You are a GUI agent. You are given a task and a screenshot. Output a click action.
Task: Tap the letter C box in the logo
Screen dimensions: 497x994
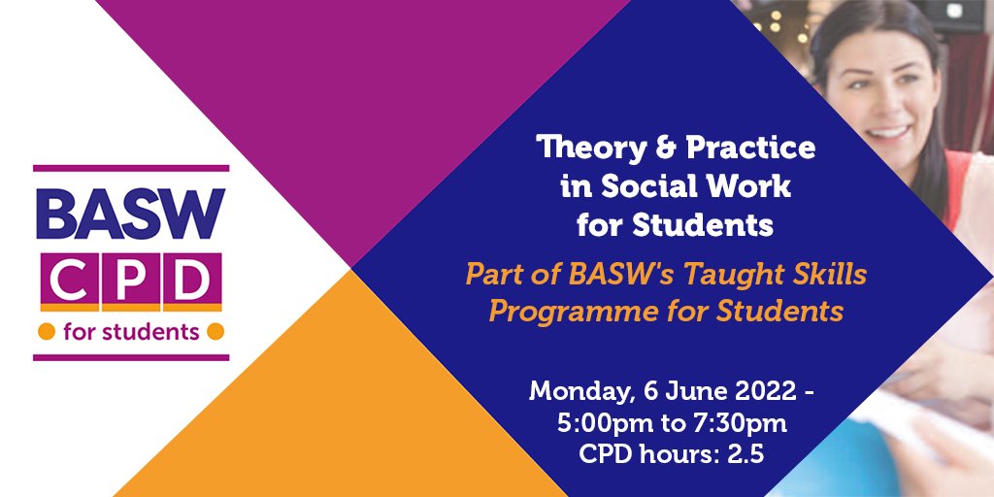click(x=64, y=282)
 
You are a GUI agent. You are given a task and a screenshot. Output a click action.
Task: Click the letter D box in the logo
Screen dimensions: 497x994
click(x=190, y=282)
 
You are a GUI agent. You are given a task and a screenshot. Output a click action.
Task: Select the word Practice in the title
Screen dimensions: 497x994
click(x=750, y=149)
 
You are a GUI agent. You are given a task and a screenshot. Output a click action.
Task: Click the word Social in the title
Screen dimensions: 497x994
click(x=635, y=187)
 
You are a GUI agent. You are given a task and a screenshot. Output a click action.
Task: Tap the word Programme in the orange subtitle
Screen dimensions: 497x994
click(x=556, y=312)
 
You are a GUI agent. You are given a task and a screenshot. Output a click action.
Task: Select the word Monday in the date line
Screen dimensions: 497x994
click(x=576, y=393)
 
